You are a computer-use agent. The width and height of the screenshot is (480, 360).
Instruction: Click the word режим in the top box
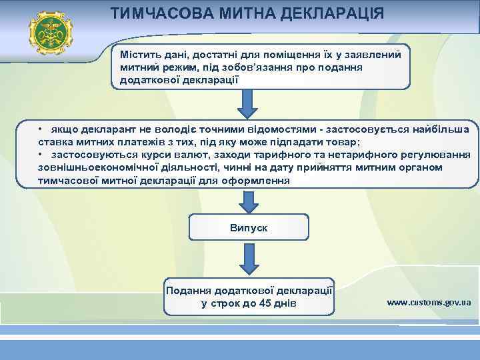(x=179, y=67)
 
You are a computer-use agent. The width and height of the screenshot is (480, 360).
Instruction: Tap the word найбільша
(x=438, y=130)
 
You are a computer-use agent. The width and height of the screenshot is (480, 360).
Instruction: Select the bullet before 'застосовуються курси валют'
(x=41, y=155)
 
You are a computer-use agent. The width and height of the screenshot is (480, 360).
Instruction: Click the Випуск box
(x=248, y=227)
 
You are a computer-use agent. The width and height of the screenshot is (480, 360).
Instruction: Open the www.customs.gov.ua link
(x=428, y=302)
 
